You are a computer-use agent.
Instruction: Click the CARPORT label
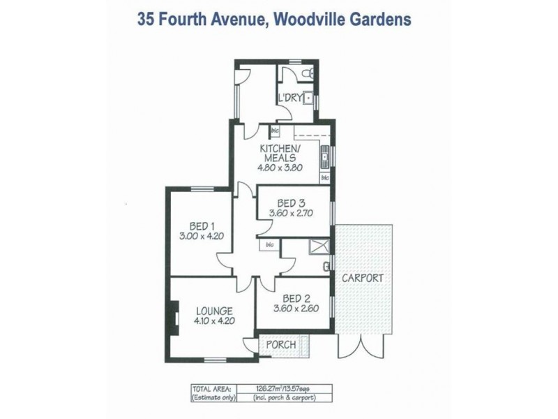pos(362,278)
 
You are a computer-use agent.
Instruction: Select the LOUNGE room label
pos(213,311)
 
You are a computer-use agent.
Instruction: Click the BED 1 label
pos(201,226)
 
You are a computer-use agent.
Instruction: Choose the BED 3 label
pos(292,204)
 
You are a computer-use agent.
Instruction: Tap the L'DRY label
pos(289,98)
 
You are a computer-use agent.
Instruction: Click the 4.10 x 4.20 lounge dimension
pos(214,322)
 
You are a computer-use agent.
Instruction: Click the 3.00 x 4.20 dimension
pos(201,236)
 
